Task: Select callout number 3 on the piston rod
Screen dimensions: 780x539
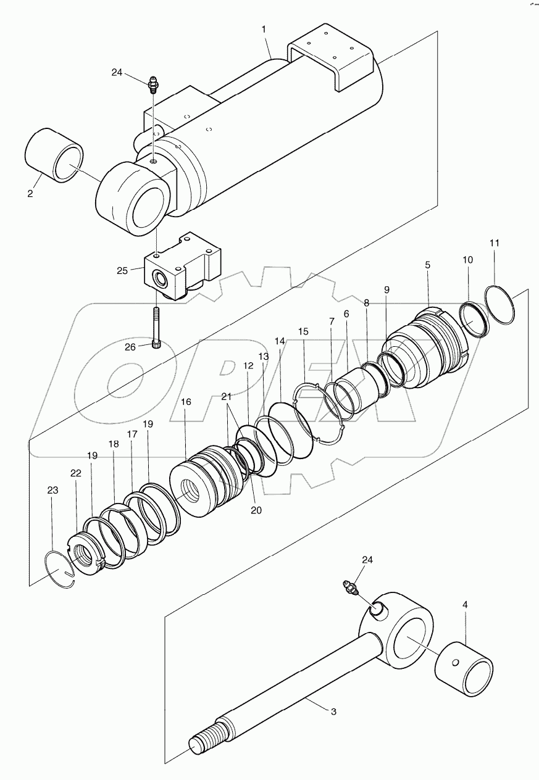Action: tap(333, 712)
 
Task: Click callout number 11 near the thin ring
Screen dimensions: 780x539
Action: tap(495, 243)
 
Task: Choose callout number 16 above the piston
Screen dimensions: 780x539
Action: tap(186, 402)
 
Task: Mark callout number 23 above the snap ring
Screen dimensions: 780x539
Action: tap(53, 491)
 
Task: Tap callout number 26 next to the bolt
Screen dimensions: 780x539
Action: tap(130, 347)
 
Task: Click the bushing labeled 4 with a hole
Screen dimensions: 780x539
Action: tap(463, 670)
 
